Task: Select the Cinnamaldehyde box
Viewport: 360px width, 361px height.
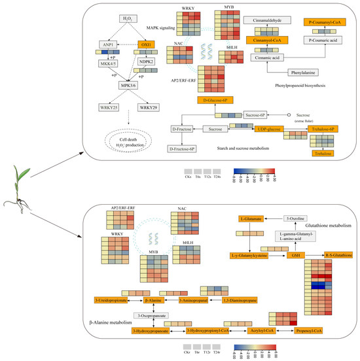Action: pyautogui.click(x=266, y=21)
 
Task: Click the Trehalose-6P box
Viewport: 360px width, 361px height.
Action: pyautogui.click(x=324, y=129)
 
